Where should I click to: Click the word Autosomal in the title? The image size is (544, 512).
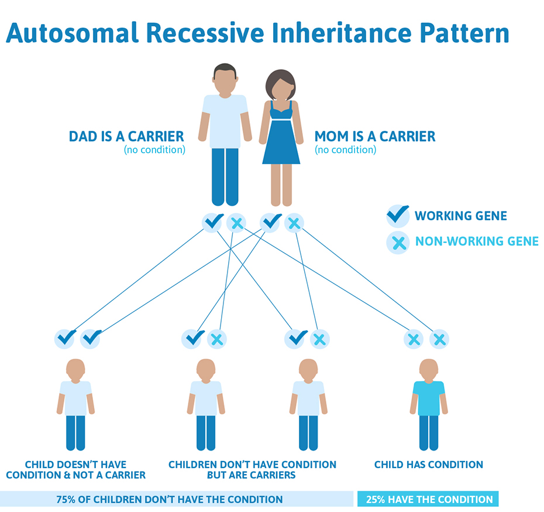tap(73, 33)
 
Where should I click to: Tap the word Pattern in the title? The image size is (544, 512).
tap(464, 33)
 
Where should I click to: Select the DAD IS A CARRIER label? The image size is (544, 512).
tap(126, 136)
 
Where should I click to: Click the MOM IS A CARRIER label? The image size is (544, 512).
tap(375, 136)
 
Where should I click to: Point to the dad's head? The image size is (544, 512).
tap(225, 78)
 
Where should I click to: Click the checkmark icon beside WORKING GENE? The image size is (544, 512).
tap(398, 216)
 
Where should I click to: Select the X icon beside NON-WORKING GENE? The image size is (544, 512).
tap(398, 243)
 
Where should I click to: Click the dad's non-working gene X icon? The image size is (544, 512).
tap(236, 223)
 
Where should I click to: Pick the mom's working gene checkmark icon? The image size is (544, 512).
tap(270, 222)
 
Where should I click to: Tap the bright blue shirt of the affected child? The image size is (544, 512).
tap(429, 398)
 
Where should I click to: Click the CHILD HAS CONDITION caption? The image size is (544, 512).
tap(428, 465)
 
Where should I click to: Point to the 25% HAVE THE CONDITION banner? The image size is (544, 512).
tap(428, 499)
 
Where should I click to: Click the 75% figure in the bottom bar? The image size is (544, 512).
tap(66, 500)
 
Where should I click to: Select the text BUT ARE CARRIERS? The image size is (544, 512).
tap(251, 475)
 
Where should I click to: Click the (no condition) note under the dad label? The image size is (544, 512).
tap(154, 150)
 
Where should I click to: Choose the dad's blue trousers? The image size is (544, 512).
tap(225, 176)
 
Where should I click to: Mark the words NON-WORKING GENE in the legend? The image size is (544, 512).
tap(477, 241)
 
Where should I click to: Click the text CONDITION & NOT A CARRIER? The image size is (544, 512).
tap(75, 475)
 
